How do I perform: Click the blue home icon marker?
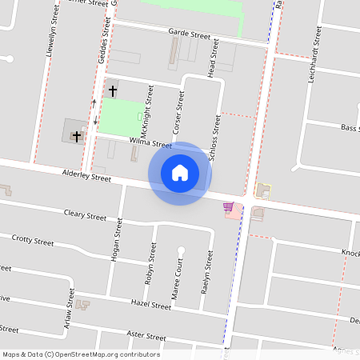(180, 174)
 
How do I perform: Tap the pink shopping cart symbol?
(229, 207)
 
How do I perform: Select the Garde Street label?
(189, 35)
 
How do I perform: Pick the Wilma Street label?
(150, 143)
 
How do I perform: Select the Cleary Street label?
(85, 216)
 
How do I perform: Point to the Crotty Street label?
(33, 240)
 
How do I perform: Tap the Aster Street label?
(146, 337)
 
